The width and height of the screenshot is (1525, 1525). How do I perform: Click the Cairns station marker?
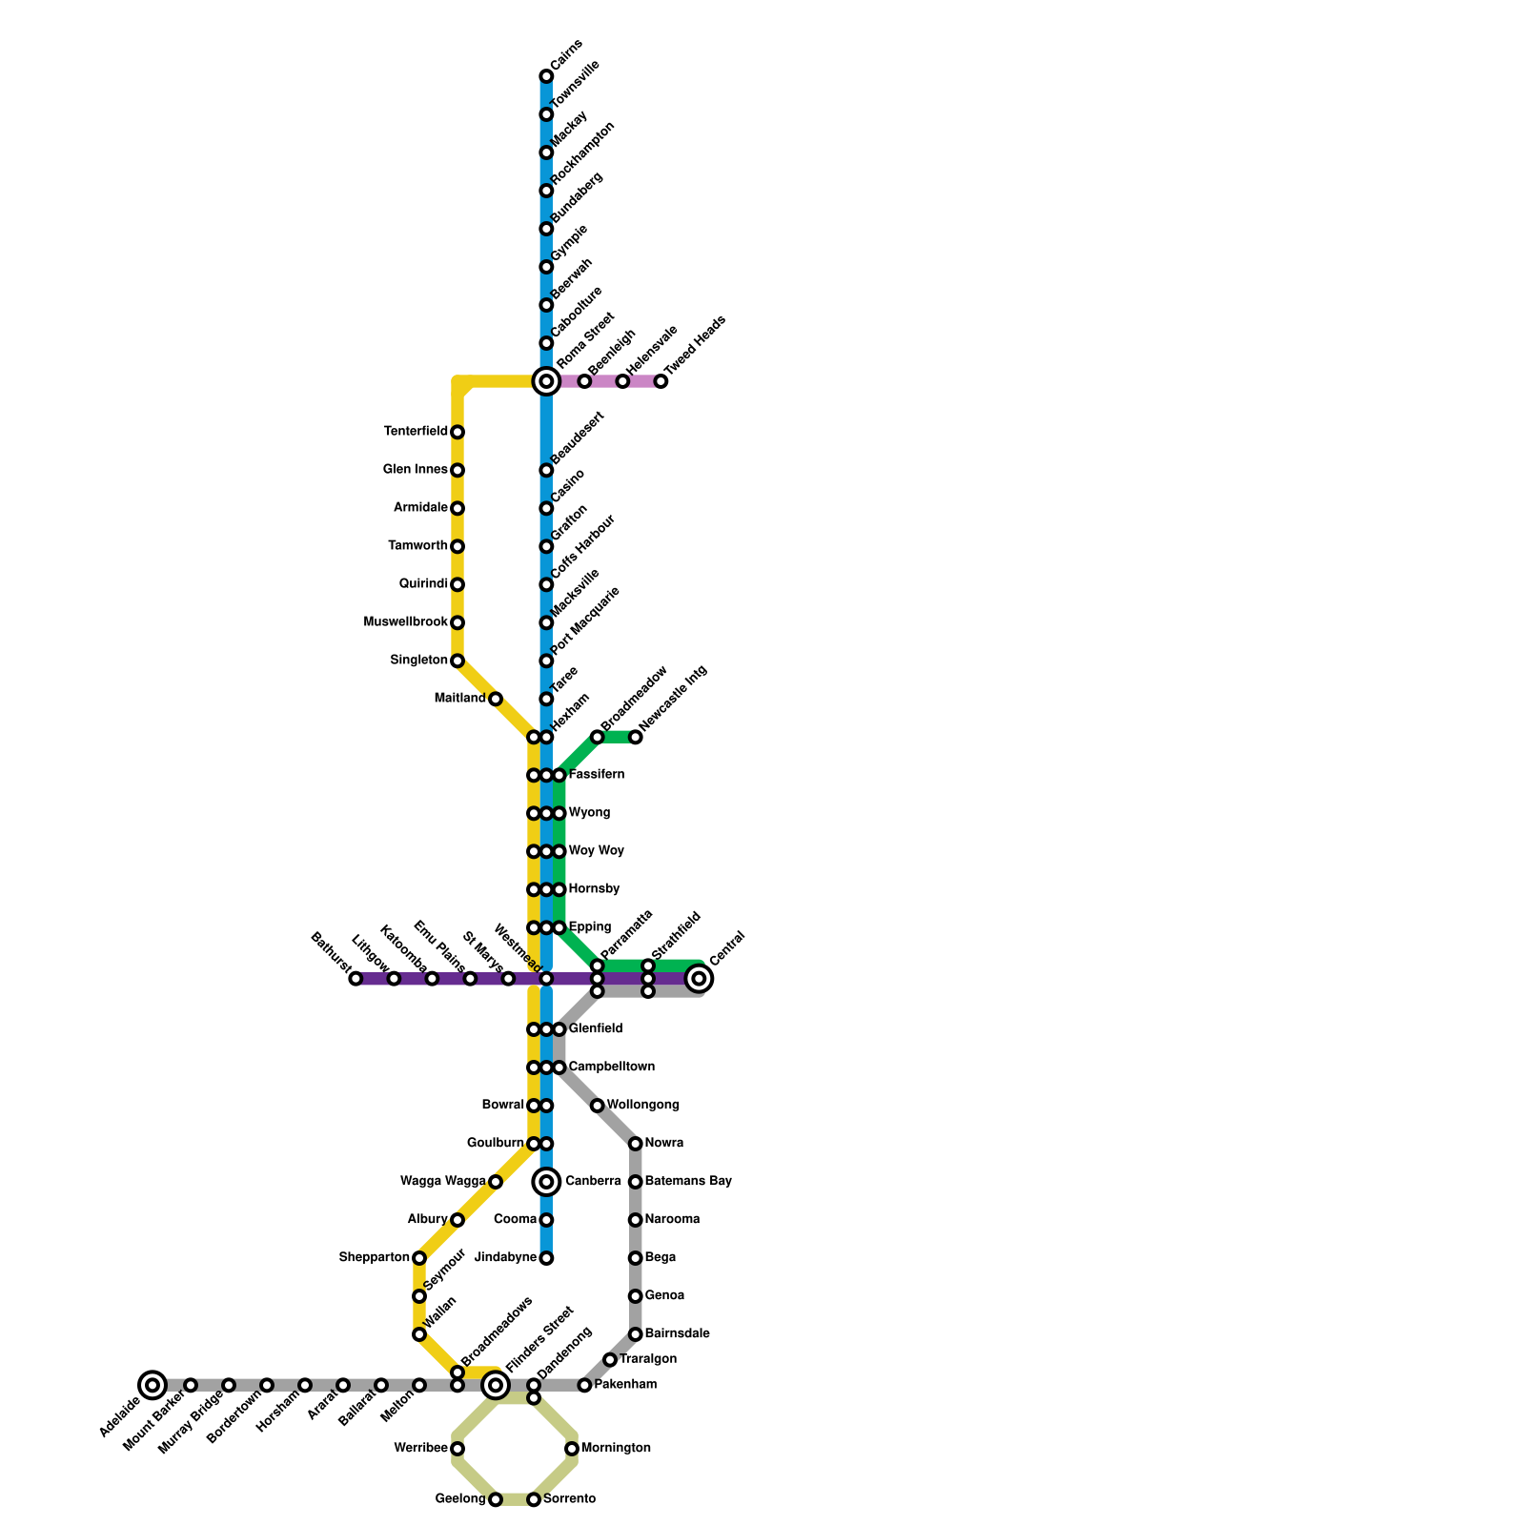point(546,76)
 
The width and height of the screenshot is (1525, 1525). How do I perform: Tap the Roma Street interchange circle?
point(546,381)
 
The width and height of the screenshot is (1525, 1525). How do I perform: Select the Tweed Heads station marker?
point(661,381)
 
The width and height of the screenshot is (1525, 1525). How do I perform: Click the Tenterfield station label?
point(416,432)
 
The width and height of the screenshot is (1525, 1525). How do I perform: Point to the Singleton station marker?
point(457,661)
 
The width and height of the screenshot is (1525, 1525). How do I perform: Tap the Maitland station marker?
point(496,699)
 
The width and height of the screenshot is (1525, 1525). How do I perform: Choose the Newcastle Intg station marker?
point(636,737)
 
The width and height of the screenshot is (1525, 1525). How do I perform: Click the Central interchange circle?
point(699,978)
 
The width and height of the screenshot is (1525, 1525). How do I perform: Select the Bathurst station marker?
point(356,979)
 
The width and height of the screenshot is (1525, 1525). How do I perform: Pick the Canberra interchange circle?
point(546,1182)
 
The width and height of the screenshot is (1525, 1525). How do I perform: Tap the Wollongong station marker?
point(598,1106)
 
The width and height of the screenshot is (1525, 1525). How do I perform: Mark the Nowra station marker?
point(636,1144)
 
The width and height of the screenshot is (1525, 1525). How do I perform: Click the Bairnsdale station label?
point(677,1333)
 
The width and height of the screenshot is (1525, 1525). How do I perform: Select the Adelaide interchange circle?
point(152,1385)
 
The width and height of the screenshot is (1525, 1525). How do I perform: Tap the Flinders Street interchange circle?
point(496,1385)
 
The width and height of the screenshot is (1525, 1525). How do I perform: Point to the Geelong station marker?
point(496,1499)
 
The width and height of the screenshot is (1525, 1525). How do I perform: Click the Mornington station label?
point(615,1449)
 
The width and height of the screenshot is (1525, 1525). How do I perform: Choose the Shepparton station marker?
point(419,1258)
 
